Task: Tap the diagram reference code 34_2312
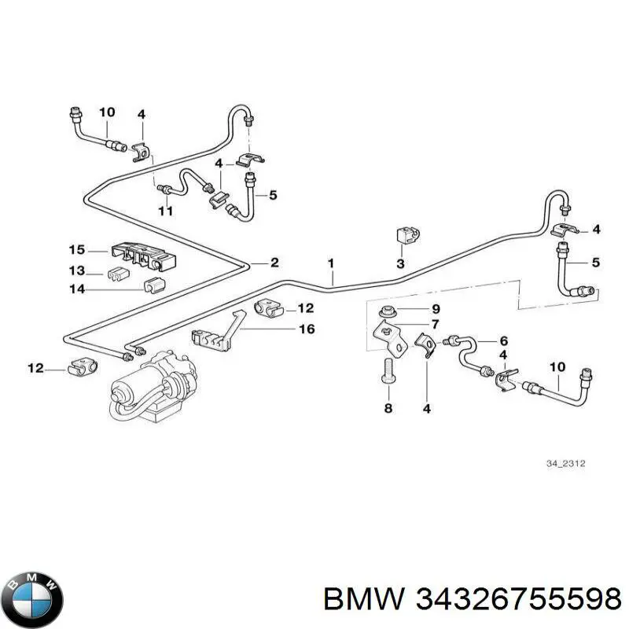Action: [565, 464]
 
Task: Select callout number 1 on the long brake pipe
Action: [330, 263]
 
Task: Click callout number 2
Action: [274, 263]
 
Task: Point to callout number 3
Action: [400, 263]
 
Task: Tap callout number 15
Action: [76, 249]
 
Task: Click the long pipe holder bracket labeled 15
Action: [144, 256]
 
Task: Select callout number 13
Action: [76, 270]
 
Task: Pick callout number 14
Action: [77, 289]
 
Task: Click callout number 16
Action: [307, 329]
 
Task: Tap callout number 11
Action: [165, 211]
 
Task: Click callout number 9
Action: [436, 309]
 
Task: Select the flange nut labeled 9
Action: [387, 311]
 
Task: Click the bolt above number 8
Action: [387, 372]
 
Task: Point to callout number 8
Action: [388, 408]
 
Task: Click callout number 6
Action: [504, 341]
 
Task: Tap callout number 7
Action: [435, 324]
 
